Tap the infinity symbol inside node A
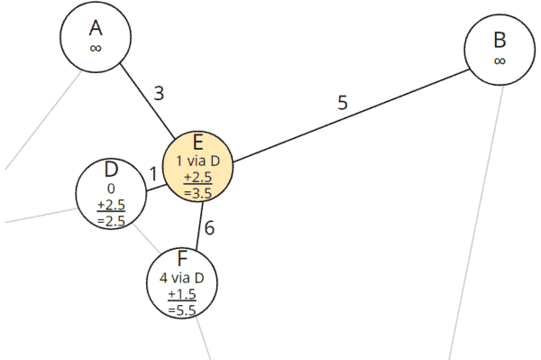[x=96, y=47]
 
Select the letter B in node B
[x=500, y=41]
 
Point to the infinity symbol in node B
[x=500, y=60]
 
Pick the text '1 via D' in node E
[x=198, y=161]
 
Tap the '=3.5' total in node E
[x=198, y=191]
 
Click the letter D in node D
[x=111, y=170]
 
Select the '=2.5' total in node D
[x=111, y=221]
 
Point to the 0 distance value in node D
[x=111, y=189]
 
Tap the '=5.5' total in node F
[x=183, y=309]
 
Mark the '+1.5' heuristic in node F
[x=183, y=294]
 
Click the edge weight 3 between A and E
[x=159, y=92]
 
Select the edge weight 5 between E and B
[x=343, y=102]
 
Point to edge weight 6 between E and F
[x=209, y=228]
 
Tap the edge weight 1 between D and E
[x=153, y=173]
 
